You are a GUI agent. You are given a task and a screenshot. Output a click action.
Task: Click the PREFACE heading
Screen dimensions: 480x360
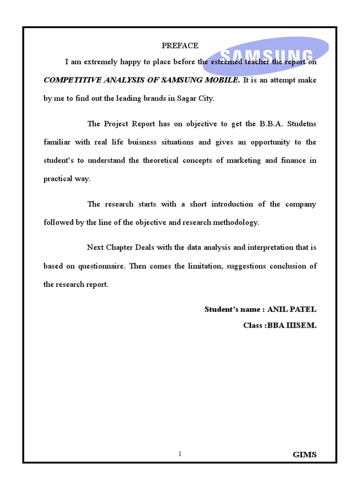click(x=180, y=45)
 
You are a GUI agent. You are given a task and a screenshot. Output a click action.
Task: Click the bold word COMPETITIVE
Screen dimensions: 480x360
click(x=67, y=80)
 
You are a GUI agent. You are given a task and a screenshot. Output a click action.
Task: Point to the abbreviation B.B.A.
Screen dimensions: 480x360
click(x=270, y=124)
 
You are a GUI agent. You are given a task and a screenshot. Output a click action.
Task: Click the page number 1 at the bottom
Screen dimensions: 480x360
click(x=180, y=454)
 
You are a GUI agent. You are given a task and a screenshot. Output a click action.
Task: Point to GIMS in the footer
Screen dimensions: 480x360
click(x=304, y=455)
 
